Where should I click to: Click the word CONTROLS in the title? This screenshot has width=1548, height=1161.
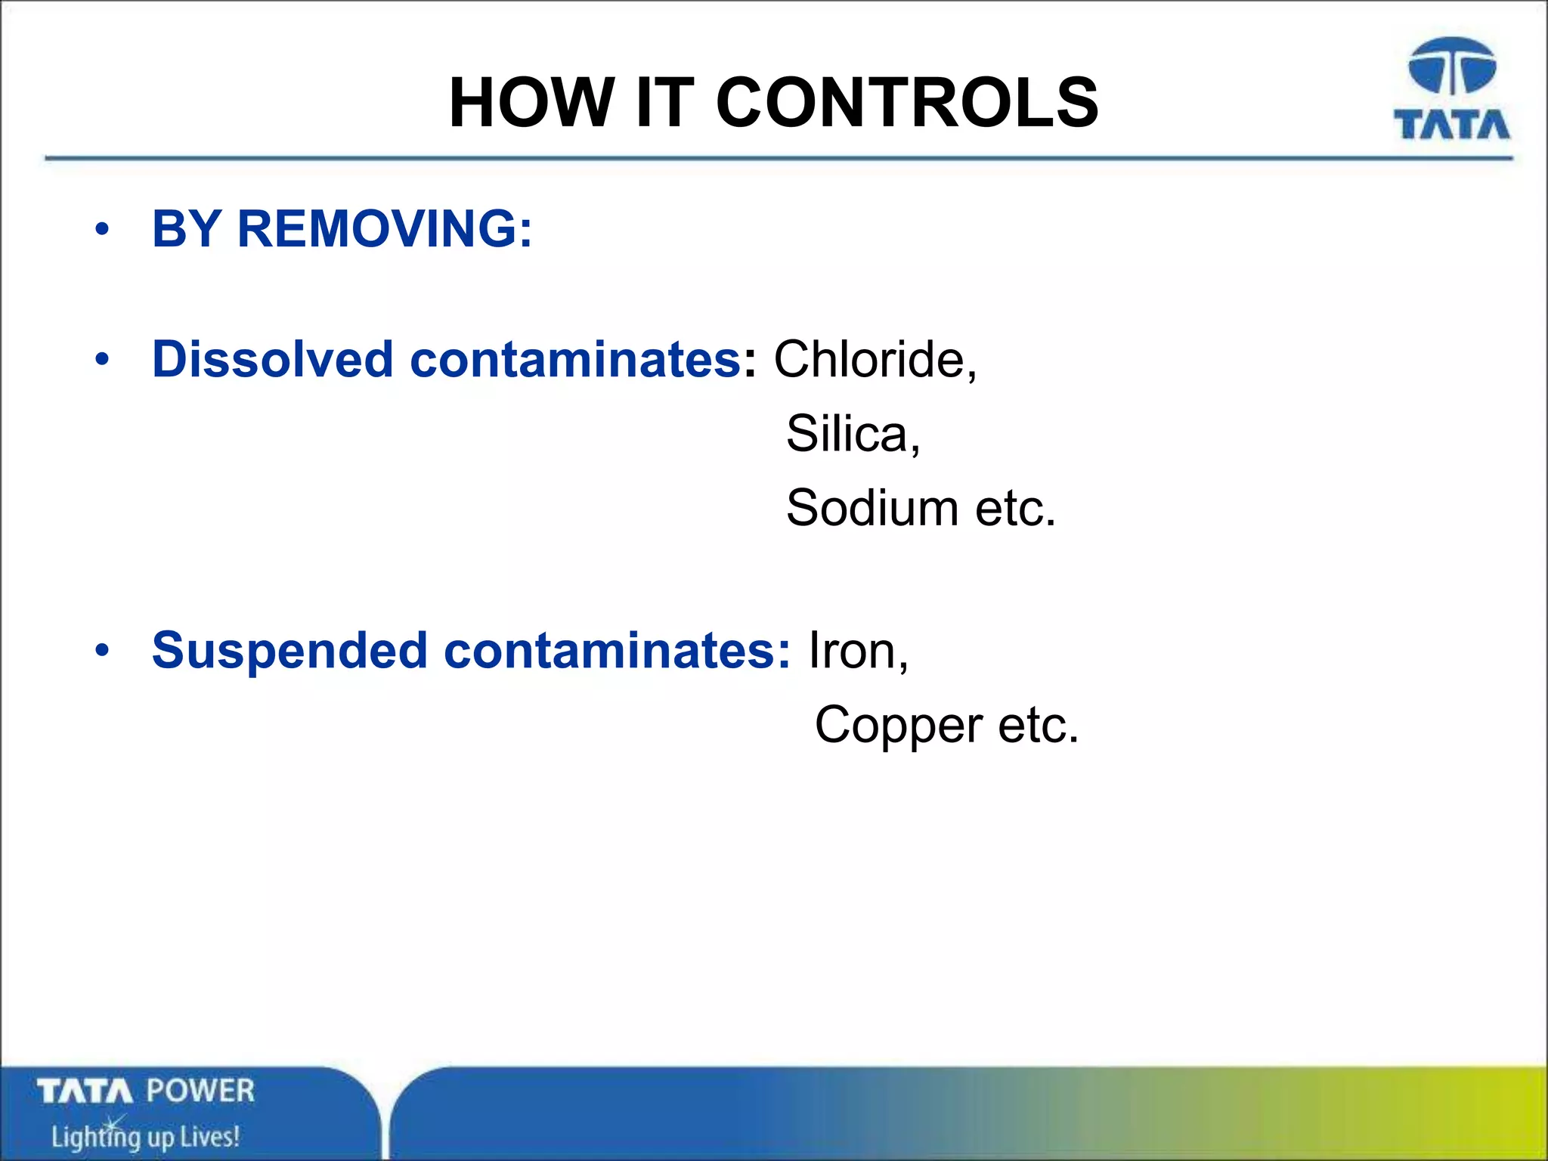pyautogui.click(x=906, y=103)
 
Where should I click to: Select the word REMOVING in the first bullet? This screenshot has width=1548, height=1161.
pyautogui.click(x=385, y=228)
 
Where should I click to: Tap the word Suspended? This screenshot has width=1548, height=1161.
pyautogui.click(x=289, y=651)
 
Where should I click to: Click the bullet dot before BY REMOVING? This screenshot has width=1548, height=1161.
pyautogui.click(x=103, y=229)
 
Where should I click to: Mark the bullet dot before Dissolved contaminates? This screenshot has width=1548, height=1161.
pyautogui.click(x=103, y=360)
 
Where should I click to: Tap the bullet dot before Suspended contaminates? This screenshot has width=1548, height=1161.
pyautogui.click(x=103, y=651)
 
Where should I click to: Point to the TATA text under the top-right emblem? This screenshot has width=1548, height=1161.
pyautogui.click(x=1451, y=125)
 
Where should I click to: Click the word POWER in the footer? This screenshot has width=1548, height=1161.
pyautogui.click(x=200, y=1091)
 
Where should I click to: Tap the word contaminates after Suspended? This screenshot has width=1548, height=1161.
pyautogui.click(x=616, y=651)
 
